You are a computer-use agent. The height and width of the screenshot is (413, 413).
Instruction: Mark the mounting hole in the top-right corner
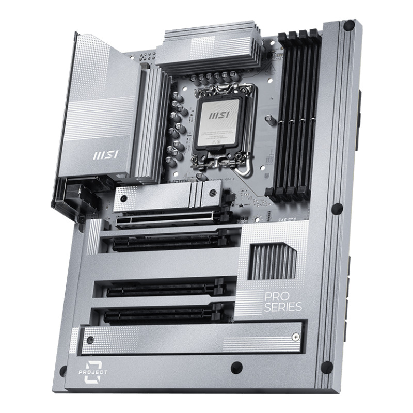pyautogui.click(x=348, y=24)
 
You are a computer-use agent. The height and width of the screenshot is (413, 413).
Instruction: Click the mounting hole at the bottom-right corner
pyautogui.click(x=326, y=367)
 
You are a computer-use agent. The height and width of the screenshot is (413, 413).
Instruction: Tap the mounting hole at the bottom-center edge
pyautogui.click(x=236, y=368)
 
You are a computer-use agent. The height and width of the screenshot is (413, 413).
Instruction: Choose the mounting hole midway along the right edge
pyautogui.click(x=337, y=209)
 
